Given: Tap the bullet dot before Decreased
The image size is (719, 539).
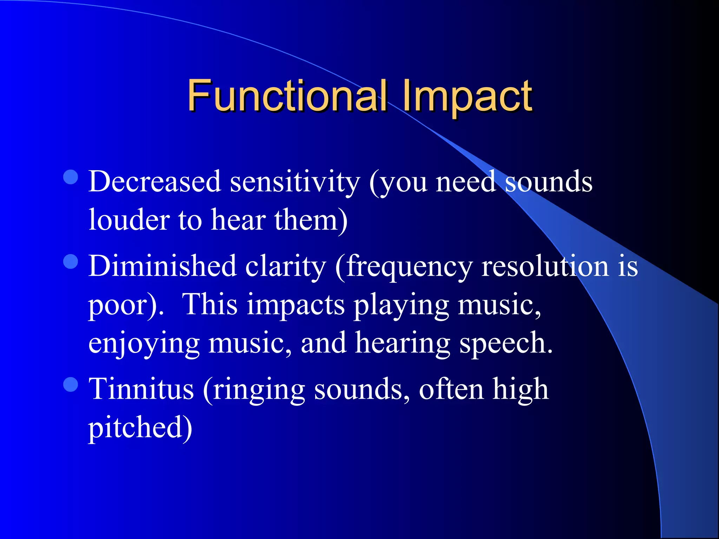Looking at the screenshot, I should [x=71, y=177].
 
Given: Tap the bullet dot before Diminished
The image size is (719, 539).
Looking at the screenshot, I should [x=71, y=261].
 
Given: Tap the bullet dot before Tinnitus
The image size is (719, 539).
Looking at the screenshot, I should [x=71, y=384].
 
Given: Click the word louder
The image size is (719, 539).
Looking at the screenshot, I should [x=129, y=220].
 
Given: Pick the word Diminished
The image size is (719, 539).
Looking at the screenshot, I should [x=162, y=266].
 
